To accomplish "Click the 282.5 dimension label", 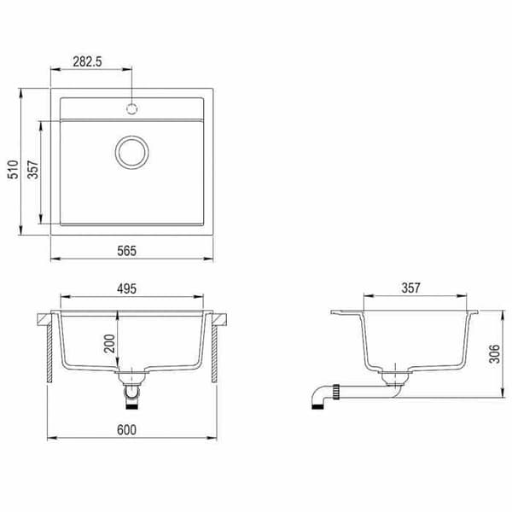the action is point(87,61).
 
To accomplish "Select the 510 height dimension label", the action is point(13,169).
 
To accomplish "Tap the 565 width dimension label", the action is point(126,251).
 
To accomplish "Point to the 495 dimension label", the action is point(126,288).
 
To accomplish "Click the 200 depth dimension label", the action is point(110,344).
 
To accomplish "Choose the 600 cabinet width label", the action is point(126,430).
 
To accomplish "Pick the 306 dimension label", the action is point(494,353).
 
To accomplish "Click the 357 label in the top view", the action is point(33,169).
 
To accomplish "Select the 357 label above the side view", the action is point(410,288).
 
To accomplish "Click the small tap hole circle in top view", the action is point(131,108).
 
